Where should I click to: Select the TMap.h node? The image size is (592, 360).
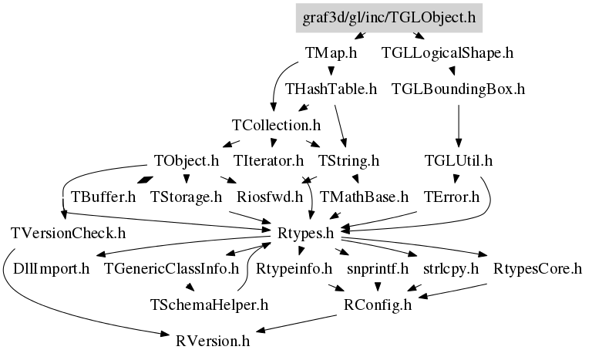point(331,53)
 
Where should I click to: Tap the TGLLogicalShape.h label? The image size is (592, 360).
point(447,53)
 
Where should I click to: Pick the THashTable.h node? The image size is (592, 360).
point(331,89)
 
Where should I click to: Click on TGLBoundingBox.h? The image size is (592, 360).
point(458,89)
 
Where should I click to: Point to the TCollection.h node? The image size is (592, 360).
point(276,124)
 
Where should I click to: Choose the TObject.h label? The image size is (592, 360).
point(187,160)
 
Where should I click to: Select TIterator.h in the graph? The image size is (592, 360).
point(268,160)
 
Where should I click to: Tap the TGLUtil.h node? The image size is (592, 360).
point(459,160)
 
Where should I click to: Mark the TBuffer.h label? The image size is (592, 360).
point(103,196)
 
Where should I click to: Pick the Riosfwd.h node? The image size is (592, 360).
point(270,196)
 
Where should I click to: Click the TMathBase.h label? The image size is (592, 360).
point(364,196)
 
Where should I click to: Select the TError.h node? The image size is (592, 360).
point(452,196)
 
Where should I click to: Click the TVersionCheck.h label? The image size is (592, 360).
point(69,232)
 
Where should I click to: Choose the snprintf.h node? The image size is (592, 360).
point(377,268)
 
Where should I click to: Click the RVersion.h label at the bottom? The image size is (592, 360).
point(213,340)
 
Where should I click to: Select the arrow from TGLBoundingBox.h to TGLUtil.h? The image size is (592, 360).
point(459,123)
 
